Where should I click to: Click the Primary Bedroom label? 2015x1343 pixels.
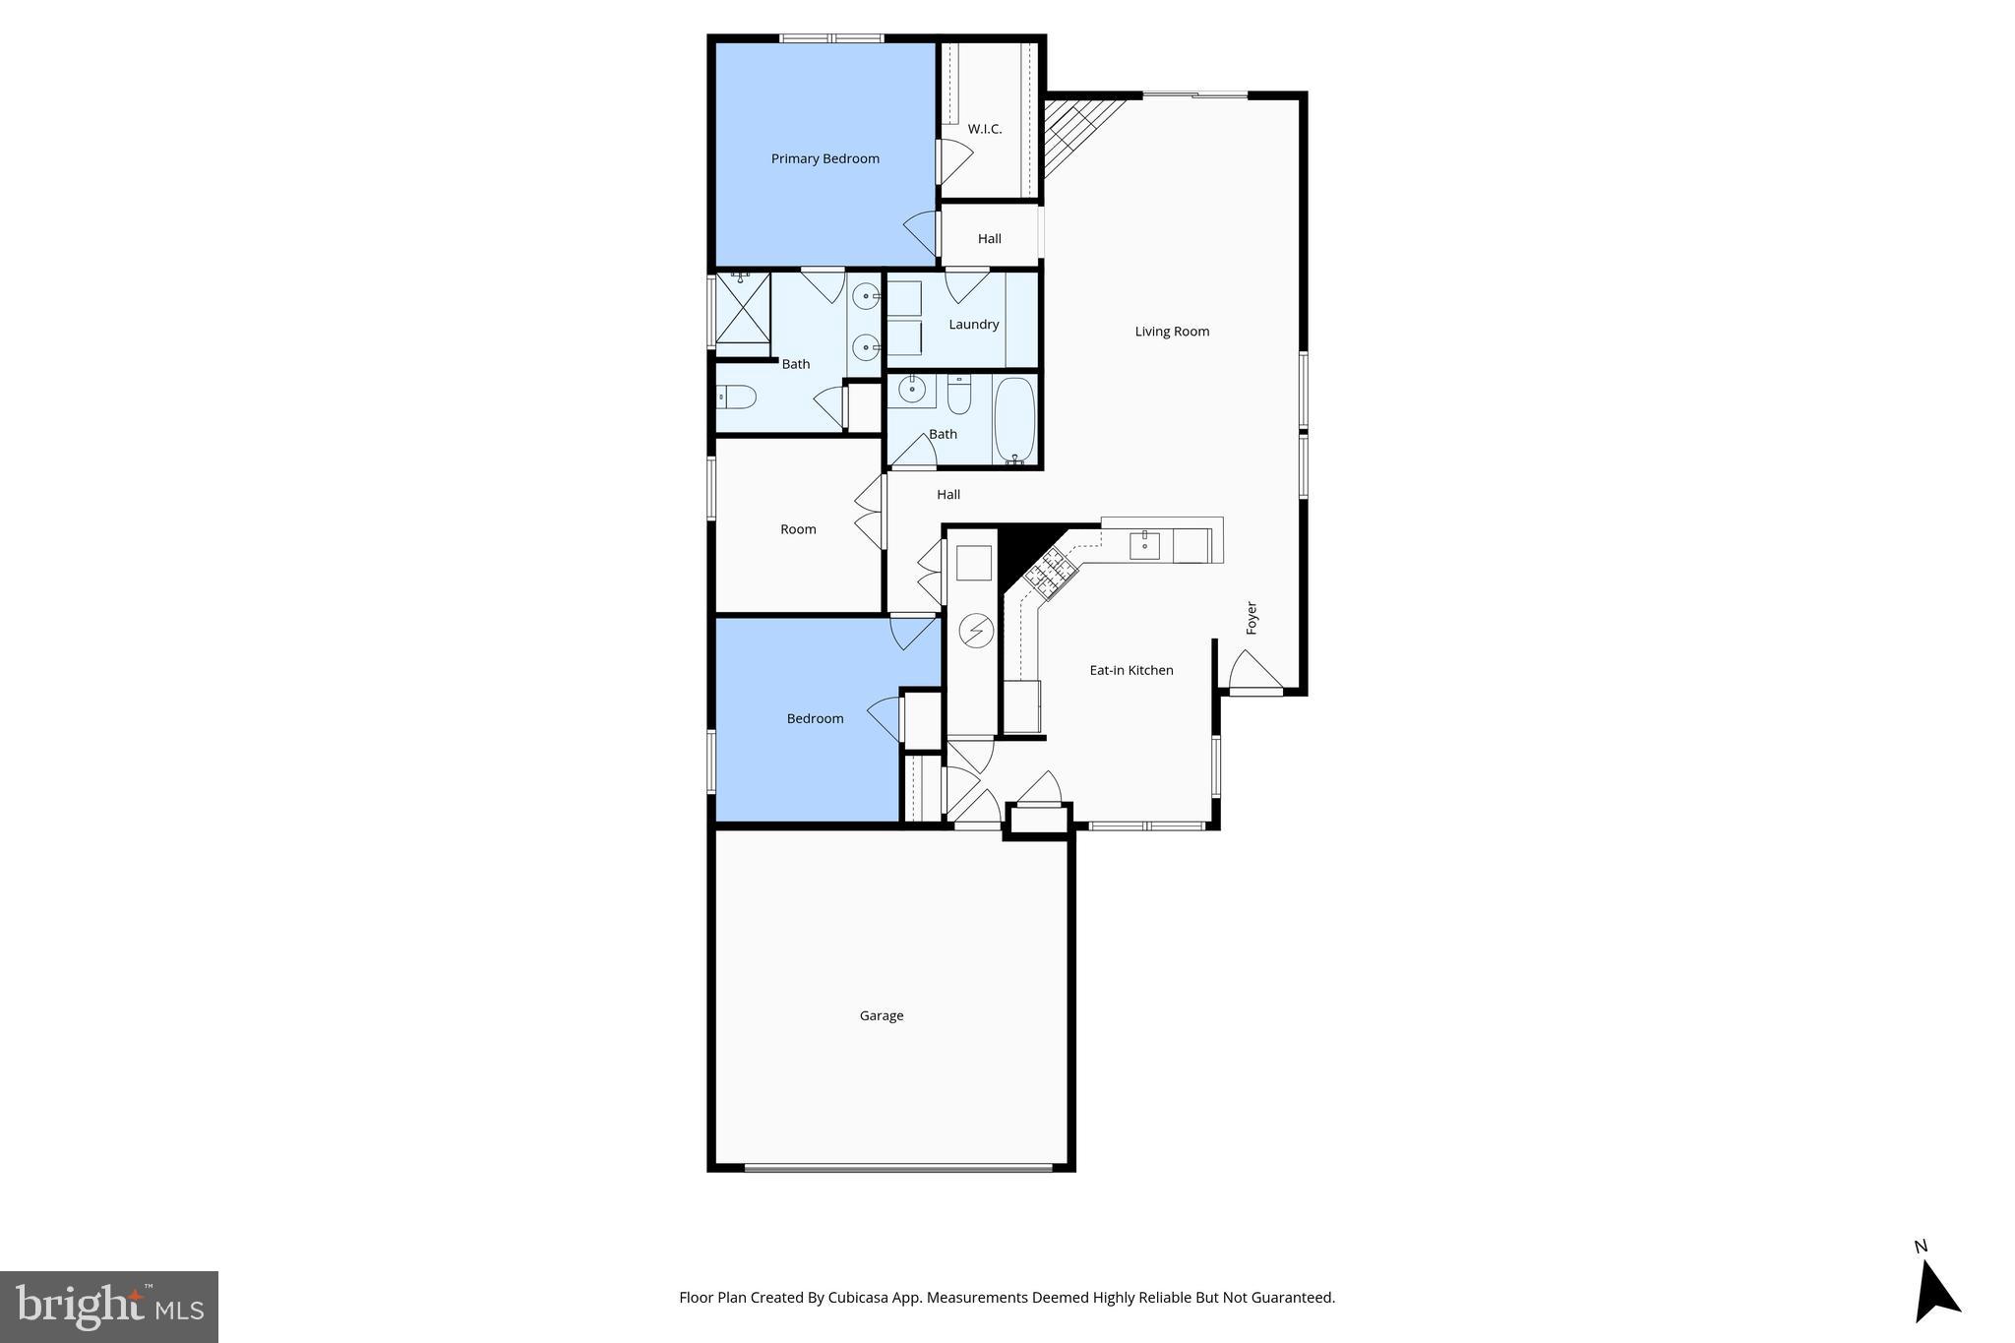pyautogui.click(x=824, y=158)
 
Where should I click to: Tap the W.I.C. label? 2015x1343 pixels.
pyautogui.click(x=984, y=129)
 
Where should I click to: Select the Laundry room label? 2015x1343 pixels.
pyautogui.click(x=973, y=324)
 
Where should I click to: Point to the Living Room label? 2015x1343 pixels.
pyautogui.click(x=1172, y=332)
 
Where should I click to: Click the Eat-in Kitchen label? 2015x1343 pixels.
pyautogui.click(x=1130, y=670)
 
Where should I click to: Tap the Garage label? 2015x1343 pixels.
pyautogui.click(x=881, y=1015)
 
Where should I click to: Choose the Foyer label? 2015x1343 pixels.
pyautogui.click(x=1252, y=617)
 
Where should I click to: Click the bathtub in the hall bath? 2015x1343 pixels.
pyautogui.click(x=1015, y=421)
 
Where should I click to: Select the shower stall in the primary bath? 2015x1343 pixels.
pyautogui.click(x=743, y=308)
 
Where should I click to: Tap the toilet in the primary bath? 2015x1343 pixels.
pyautogui.click(x=737, y=397)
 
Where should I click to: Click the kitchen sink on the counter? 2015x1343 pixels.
pyautogui.click(x=1144, y=544)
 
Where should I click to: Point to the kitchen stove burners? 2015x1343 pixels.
pyautogui.click(x=1049, y=574)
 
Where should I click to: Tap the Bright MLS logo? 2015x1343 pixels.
pyautogui.click(x=109, y=1307)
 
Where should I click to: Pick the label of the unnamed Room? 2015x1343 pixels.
pyautogui.click(x=798, y=529)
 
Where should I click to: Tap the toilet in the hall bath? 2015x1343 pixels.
pyautogui.click(x=959, y=396)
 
